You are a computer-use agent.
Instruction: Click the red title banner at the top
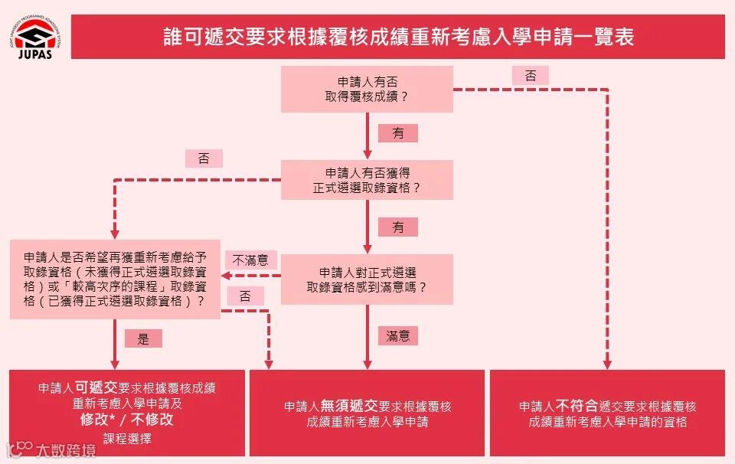click(x=398, y=37)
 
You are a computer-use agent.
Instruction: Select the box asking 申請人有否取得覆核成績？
click(x=367, y=89)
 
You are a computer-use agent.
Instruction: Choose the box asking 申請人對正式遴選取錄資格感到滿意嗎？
click(x=367, y=279)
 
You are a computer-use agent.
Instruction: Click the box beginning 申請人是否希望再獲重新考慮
click(x=115, y=279)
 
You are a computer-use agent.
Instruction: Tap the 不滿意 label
click(x=250, y=260)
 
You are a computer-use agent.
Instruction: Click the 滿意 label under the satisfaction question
click(x=398, y=335)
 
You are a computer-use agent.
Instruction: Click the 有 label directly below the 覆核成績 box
click(x=398, y=133)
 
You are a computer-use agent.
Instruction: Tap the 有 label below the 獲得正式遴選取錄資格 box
click(x=398, y=227)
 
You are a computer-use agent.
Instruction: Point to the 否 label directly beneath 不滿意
click(x=245, y=296)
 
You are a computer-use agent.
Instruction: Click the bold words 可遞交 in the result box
click(x=96, y=387)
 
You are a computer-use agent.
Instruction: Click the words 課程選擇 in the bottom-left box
click(x=127, y=439)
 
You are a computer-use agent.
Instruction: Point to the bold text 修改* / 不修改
click(x=127, y=420)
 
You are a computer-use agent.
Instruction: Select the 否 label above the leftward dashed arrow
click(x=204, y=158)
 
